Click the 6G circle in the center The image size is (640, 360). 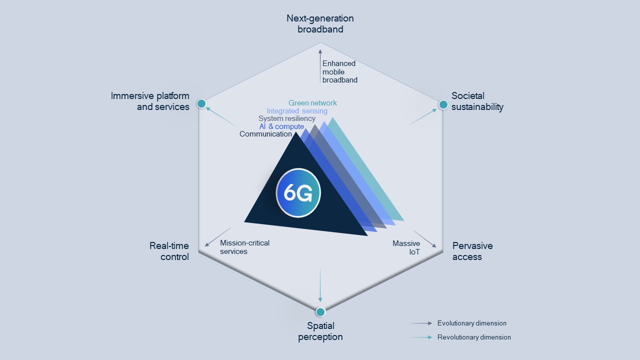[x=298, y=193]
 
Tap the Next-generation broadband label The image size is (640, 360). [x=320, y=23]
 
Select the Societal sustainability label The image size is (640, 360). [x=477, y=101]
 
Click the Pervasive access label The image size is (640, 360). [x=472, y=251]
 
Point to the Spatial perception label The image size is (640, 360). [x=320, y=331]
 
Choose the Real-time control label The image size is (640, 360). [x=169, y=251]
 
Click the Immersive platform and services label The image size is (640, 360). [x=150, y=101]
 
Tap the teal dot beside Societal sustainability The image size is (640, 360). [x=443, y=104]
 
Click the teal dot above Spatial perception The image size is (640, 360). [x=320, y=311]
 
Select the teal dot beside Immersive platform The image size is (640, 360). [x=201, y=103]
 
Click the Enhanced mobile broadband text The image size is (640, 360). [x=339, y=71]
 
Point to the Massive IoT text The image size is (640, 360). [x=406, y=247]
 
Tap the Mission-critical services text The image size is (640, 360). [x=244, y=247]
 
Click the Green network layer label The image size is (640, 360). [x=312, y=103]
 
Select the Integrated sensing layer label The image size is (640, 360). [x=297, y=111]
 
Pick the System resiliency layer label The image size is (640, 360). [x=286, y=118]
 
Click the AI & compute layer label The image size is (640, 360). [x=281, y=126]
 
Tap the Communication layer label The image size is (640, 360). [x=265, y=134]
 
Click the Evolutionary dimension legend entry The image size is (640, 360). [x=471, y=323]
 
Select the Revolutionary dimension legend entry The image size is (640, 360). [x=473, y=337]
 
